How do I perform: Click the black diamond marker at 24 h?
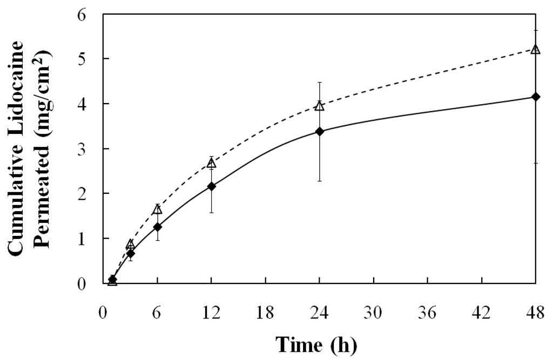(319, 131)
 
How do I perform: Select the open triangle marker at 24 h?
(319, 106)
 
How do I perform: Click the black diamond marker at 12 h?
(211, 186)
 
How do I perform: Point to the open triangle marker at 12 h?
(211, 163)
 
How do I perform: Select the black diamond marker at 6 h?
(157, 227)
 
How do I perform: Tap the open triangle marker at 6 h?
(157, 209)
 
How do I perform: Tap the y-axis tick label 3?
(83, 148)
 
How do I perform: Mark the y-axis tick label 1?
(83, 238)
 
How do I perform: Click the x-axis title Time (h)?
(316, 344)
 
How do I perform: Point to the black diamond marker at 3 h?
(130, 253)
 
